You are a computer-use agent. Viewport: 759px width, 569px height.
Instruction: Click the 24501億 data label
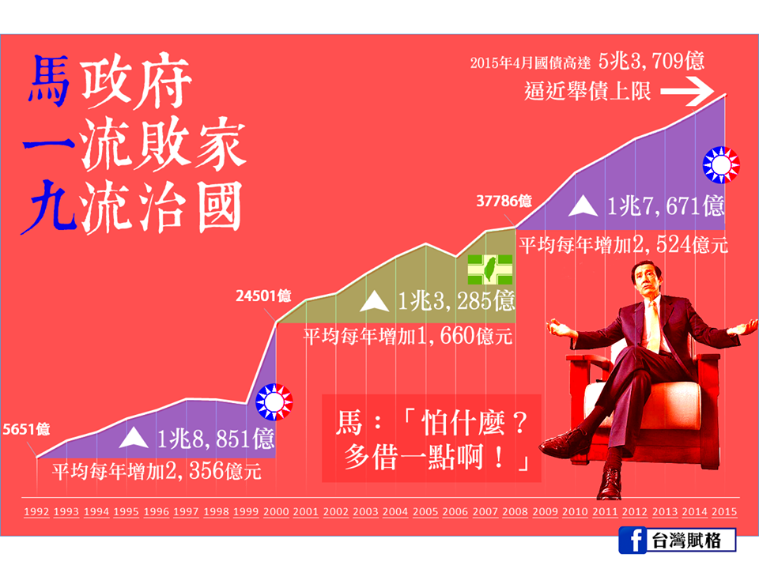[x=263, y=297]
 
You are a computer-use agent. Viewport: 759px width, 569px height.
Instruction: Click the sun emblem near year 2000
[x=274, y=402]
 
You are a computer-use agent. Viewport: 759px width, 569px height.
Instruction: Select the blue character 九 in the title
[x=50, y=208]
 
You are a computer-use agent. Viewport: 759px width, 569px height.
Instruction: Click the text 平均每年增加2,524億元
[x=622, y=244]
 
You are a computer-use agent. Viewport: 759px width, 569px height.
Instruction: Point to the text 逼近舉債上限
[x=587, y=92]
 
